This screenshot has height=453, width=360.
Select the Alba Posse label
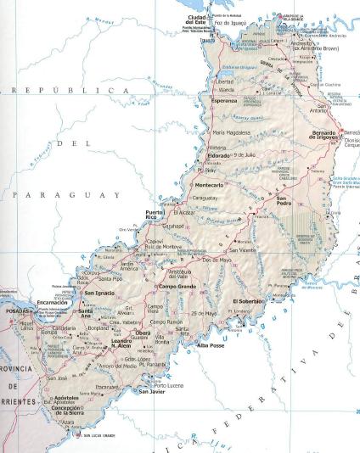click(211, 344)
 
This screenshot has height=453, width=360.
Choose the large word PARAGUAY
click(65, 195)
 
